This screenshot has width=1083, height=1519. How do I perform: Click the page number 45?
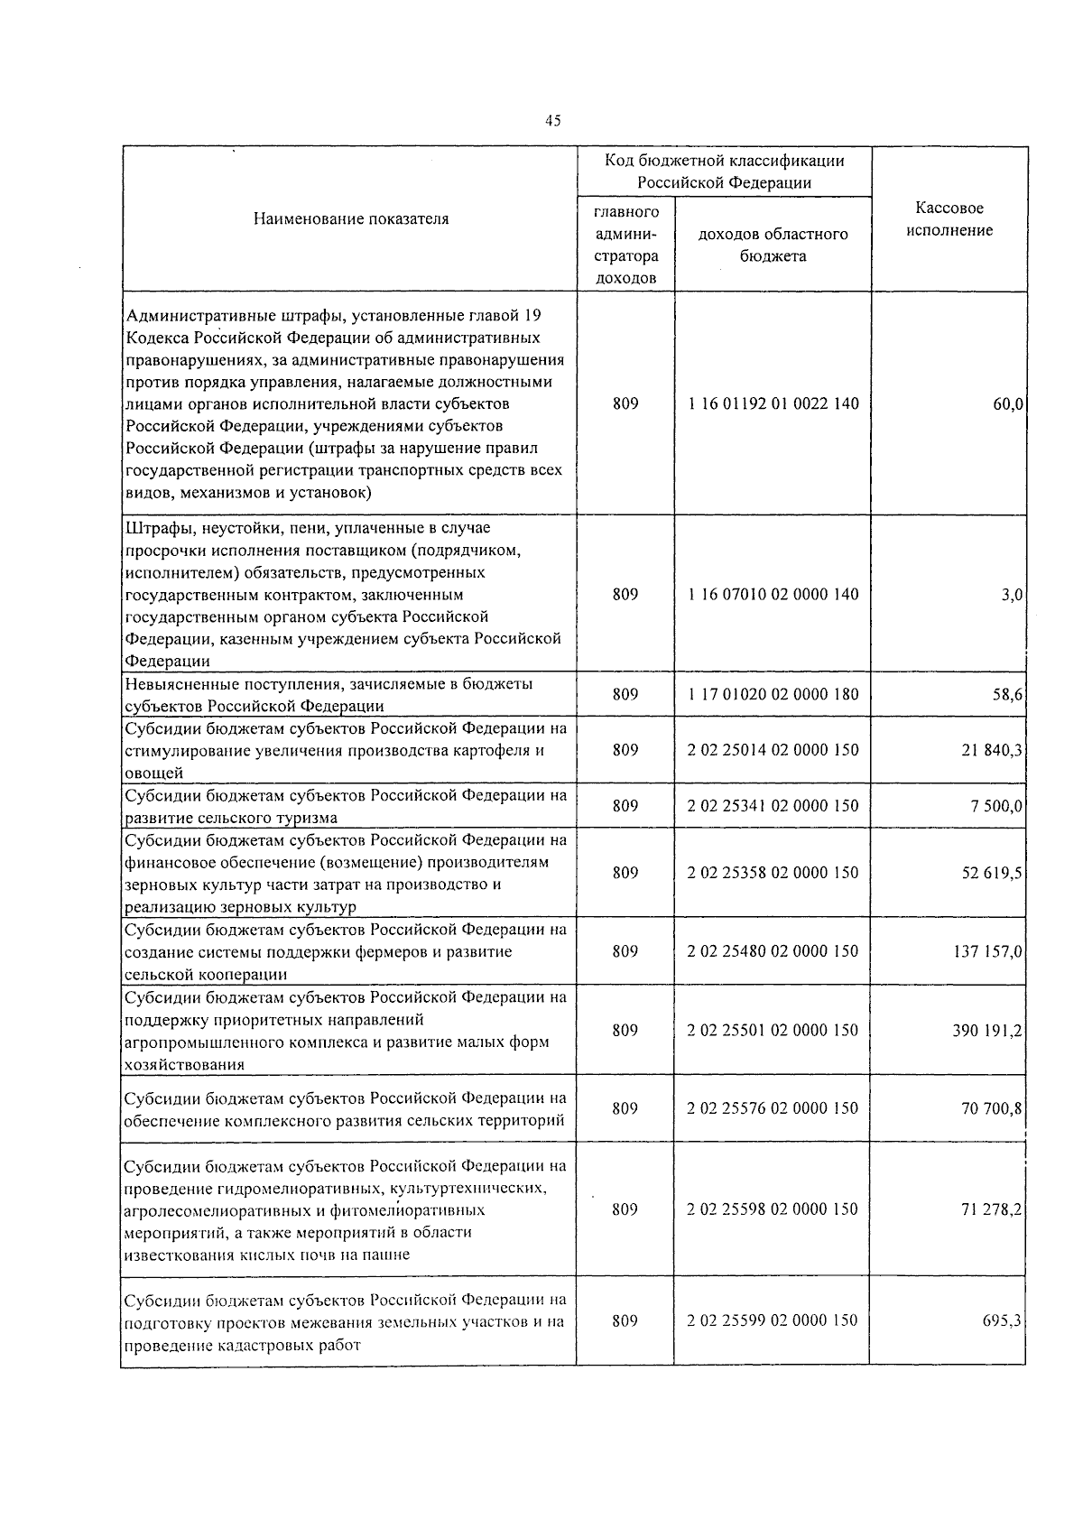click(553, 121)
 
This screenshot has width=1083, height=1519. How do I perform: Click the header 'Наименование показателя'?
click(351, 218)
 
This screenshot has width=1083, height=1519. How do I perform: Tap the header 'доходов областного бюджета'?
click(773, 245)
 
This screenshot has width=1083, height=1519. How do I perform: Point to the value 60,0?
click(1008, 404)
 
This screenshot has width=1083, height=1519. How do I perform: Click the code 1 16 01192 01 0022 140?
click(773, 403)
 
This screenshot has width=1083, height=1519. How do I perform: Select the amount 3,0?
click(1012, 595)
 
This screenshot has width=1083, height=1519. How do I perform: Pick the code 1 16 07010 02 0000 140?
click(773, 594)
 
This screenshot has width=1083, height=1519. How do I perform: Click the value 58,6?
click(1007, 695)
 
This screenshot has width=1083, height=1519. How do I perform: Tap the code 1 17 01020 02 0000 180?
click(773, 694)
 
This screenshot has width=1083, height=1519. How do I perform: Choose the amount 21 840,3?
click(992, 750)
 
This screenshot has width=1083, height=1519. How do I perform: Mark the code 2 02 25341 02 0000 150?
click(773, 805)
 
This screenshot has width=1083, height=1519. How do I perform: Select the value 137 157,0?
click(988, 951)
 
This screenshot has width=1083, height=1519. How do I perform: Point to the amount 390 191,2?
click(987, 1031)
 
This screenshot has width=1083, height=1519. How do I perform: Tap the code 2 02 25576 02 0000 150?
click(773, 1108)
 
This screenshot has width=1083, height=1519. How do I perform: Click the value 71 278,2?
click(992, 1209)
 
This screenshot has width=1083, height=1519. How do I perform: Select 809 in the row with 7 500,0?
click(625, 805)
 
